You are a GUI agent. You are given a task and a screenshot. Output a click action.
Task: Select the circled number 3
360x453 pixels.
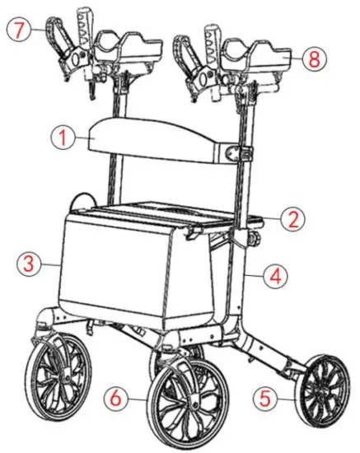[28, 264]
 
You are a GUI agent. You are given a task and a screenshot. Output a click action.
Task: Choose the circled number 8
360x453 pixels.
[311, 58]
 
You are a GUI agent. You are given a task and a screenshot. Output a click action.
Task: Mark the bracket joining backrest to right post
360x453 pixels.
[236, 154]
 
